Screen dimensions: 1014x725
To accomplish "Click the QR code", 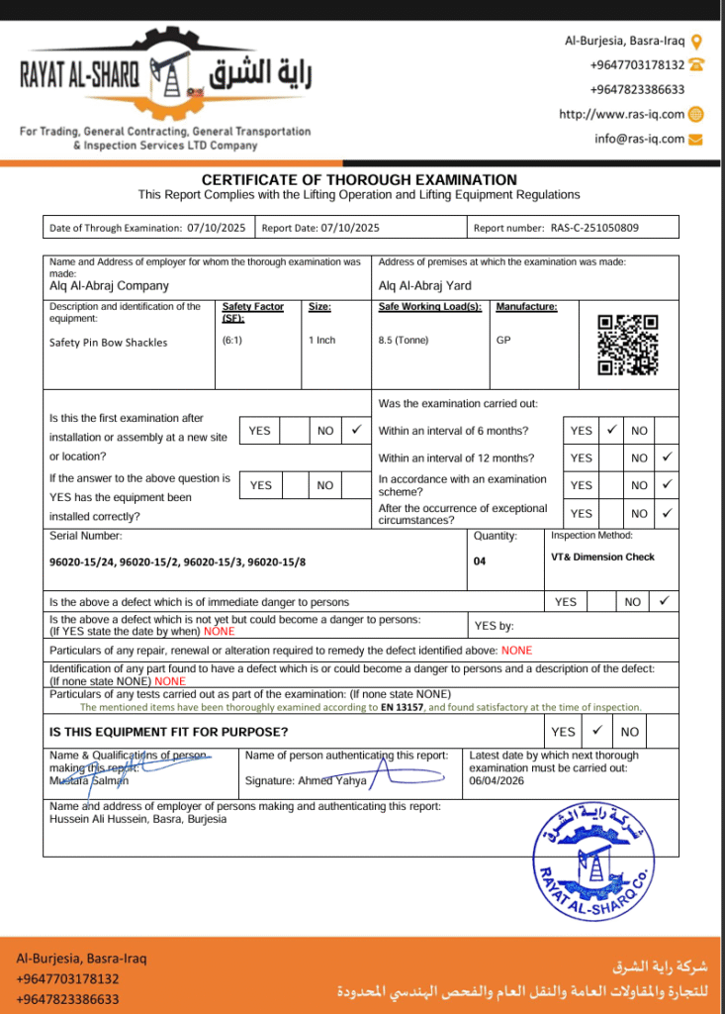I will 628,345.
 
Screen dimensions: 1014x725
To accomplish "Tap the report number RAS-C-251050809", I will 594,228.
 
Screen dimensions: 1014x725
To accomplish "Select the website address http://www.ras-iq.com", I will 621,114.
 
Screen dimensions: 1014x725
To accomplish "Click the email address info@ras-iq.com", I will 639,139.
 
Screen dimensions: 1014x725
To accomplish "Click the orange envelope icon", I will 695,139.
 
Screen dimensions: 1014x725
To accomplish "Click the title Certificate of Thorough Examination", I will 359,179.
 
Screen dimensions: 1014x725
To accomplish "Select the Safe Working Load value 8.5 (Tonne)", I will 404,341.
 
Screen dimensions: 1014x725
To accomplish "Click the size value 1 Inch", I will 322,341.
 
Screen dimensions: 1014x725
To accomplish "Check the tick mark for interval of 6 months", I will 611,430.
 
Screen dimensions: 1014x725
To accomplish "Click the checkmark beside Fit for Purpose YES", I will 596,731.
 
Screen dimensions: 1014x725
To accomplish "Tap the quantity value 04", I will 482,561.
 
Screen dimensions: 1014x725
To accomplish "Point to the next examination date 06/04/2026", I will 497,779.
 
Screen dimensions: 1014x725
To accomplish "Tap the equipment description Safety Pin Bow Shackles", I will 109,343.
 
